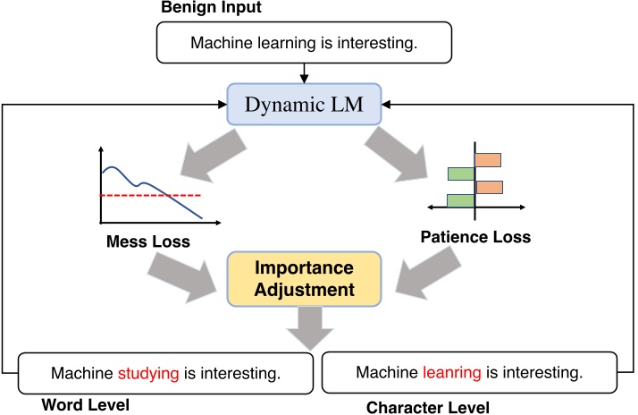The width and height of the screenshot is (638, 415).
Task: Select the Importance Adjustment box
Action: coord(304,278)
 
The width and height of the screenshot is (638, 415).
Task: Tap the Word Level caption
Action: coord(86,405)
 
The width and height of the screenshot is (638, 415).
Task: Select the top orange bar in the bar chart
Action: coord(488,160)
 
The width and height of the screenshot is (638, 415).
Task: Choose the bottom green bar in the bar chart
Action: coord(459,200)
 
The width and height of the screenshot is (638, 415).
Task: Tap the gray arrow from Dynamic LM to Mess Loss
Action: coord(206,152)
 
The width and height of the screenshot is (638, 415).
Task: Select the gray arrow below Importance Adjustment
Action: coord(306,326)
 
